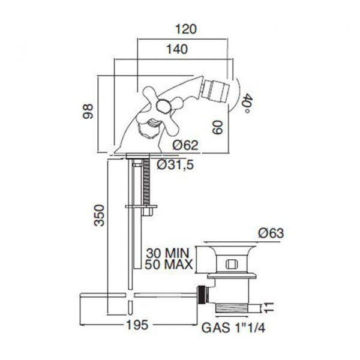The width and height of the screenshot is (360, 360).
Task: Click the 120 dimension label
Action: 186,29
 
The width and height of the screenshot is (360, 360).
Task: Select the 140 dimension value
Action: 177,49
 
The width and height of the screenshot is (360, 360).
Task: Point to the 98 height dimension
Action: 88,112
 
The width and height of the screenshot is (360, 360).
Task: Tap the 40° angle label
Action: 247,103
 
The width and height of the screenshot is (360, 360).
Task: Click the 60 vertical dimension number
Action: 218,127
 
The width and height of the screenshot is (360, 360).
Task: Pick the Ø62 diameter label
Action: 185,145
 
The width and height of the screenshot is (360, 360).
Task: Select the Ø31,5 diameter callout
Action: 176,164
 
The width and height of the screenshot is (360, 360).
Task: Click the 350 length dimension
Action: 100,215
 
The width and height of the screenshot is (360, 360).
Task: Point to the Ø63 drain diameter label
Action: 271,233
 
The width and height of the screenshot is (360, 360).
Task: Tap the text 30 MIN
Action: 168,253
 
